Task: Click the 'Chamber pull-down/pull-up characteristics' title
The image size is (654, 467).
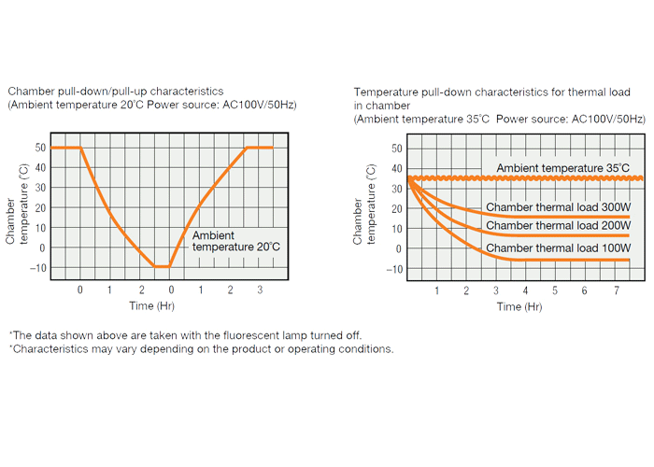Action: pyautogui.click(x=115, y=92)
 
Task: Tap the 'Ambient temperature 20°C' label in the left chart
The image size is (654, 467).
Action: pyautogui.click(x=235, y=241)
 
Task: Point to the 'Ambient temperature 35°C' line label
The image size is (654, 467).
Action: pyautogui.click(x=562, y=168)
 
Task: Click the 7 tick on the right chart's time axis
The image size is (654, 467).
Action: pyautogui.click(x=614, y=290)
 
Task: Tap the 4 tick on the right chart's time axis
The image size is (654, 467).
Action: pyautogui.click(x=525, y=290)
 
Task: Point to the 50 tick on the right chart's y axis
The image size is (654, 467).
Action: pyautogui.click(x=396, y=148)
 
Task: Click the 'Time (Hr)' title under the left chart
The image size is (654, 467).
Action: pyautogui.click(x=151, y=305)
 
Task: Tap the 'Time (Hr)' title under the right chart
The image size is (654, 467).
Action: pyautogui.click(x=519, y=306)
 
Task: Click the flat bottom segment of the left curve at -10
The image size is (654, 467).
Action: pyautogui.click(x=162, y=266)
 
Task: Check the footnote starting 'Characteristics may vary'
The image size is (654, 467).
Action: pyautogui.click(x=201, y=349)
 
